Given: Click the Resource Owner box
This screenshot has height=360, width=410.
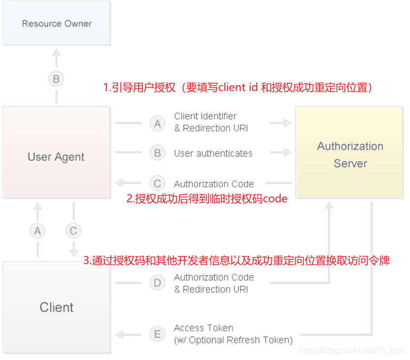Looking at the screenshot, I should coord(57,23).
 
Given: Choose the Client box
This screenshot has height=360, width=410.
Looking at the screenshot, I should coord(57,307).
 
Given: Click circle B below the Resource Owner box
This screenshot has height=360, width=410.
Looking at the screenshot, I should coord(55,79).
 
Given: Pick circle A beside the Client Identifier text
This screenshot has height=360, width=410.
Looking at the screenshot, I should coord(157,123).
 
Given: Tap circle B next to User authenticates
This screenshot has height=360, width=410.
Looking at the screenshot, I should coord(157,153).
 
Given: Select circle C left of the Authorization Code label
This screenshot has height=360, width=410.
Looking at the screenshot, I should coord(157,184).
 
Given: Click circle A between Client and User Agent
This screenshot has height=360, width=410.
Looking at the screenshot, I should coord(37,231).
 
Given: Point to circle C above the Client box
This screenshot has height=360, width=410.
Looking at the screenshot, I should coord(73,231).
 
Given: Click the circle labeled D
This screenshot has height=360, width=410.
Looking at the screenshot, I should coord(157,283).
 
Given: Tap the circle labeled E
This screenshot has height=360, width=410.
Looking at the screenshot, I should coord(157,334).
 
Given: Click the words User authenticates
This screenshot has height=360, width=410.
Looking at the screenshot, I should coord(213,153).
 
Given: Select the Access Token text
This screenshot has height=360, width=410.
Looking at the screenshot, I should coord(203,328).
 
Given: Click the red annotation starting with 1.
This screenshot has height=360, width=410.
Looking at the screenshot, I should coord(238,88).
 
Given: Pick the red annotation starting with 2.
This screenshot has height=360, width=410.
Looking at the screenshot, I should coord(207,199).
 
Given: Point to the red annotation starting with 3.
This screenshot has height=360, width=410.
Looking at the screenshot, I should coord(237,261).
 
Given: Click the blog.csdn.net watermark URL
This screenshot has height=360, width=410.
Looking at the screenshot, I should coord(352,350).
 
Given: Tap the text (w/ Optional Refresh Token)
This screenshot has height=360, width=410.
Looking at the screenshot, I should coord(233,340).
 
